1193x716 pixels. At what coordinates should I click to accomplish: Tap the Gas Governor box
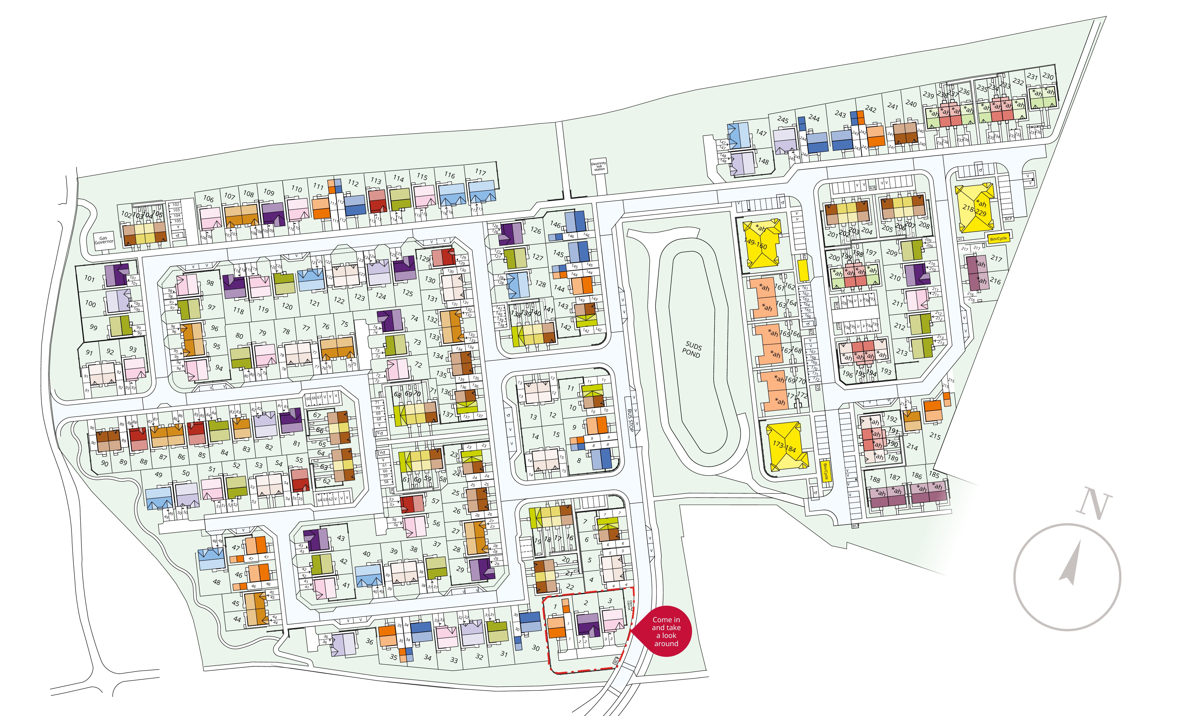point(104,240)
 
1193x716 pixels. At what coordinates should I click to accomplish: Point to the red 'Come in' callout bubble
point(666,632)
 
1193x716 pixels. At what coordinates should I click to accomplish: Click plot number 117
point(480,172)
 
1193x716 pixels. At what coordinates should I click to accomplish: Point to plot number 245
point(783,120)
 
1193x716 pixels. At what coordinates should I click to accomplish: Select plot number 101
point(90,278)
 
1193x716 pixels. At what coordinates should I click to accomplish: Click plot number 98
point(210,283)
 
